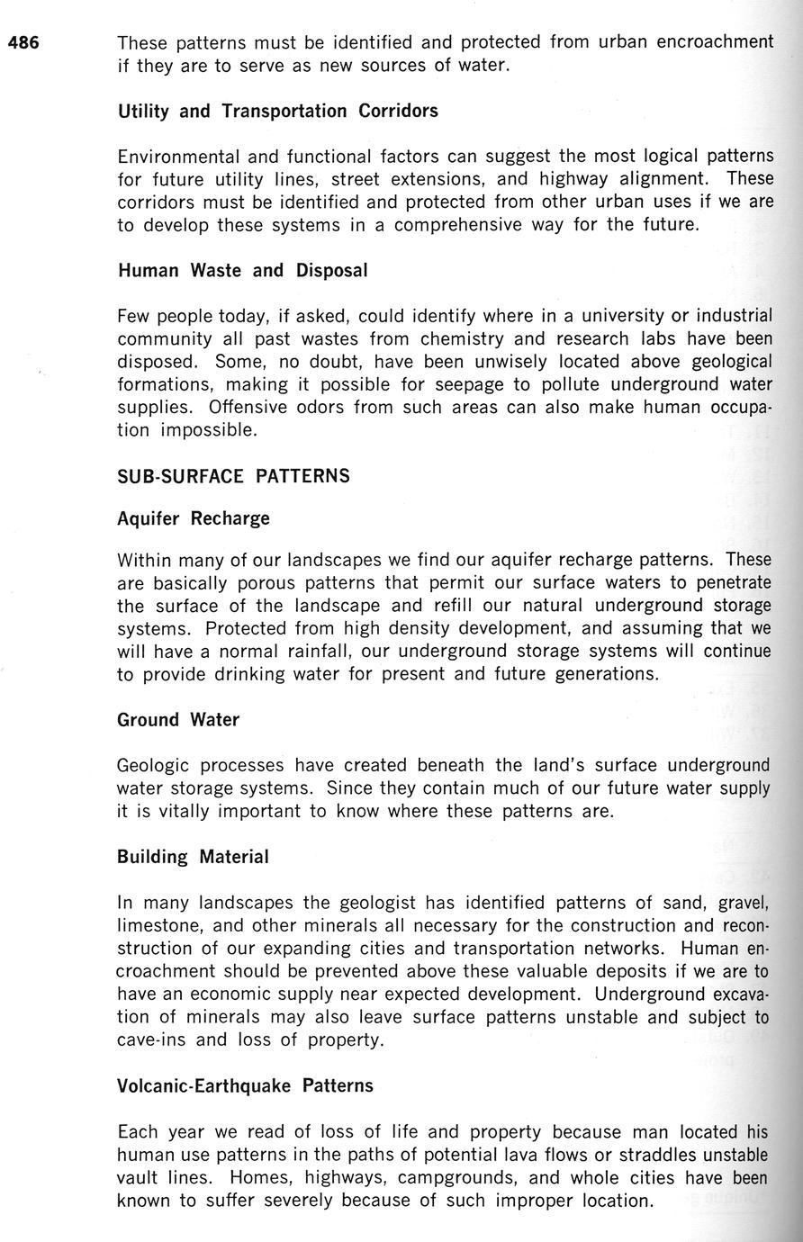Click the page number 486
(23, 42)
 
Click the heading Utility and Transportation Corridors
(277, 112)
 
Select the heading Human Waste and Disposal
(242, 271)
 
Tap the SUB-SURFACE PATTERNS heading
(233, 476)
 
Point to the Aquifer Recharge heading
(194, 519)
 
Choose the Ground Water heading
(178, 720)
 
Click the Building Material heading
(193, 857)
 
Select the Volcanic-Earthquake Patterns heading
(245, 1085)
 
